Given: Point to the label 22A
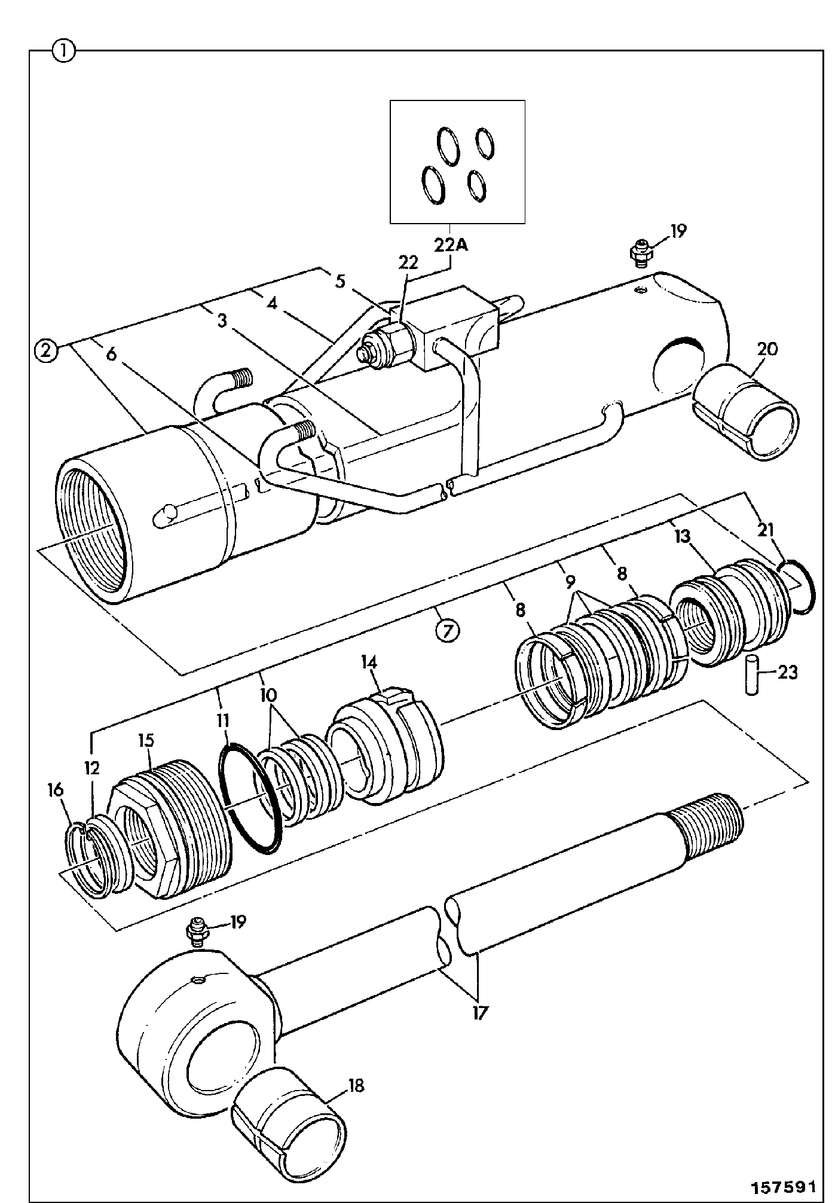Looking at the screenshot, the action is pyautogui.click(x=450, y=245).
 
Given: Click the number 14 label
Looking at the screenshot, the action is pyautogui.click(x=369, y=662).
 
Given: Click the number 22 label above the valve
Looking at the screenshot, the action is pyautogui.click(x=409, y=262).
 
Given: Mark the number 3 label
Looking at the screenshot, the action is pyautogui.click(x=222, y=321).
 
